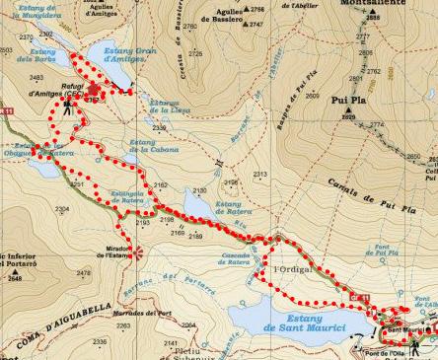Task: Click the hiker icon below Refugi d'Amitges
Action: (x=66, y=108)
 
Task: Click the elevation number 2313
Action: (x=260, y=175)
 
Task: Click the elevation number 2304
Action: (x=63, y=209)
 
